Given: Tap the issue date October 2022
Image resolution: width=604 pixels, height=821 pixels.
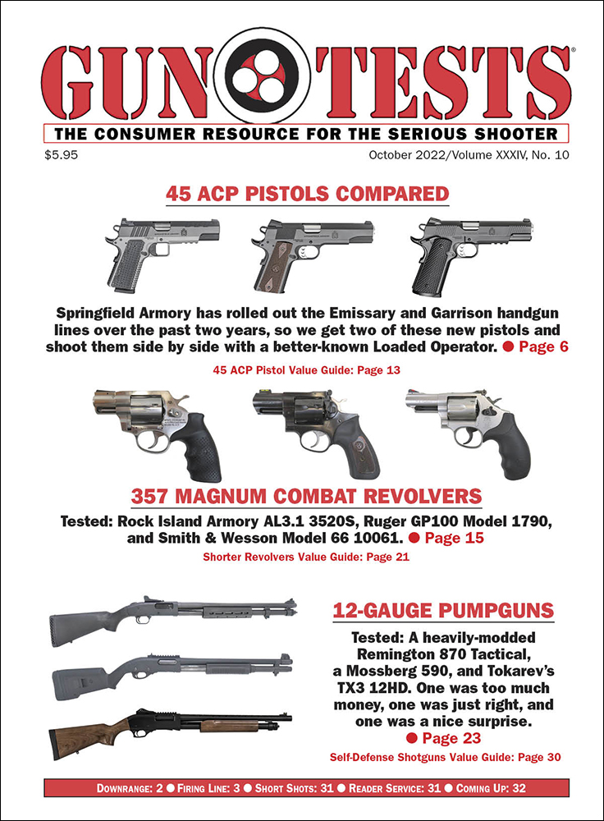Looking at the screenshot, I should click(x=393, y=153).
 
